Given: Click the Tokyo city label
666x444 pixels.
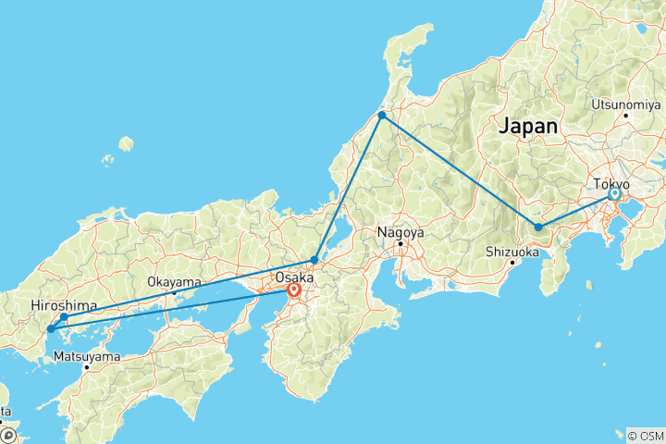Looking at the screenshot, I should (x=611, y=183).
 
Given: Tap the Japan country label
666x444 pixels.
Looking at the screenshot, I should (x=528, y=127).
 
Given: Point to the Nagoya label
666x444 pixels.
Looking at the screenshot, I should (x=401, y=233).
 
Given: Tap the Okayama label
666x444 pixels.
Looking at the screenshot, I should (x=175, y=281).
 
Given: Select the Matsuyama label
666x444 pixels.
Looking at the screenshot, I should (x=86, y=355).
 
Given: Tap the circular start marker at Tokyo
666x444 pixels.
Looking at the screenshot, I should (x=614, y=194).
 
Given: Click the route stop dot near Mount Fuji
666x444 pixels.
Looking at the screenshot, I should (x=538, y=227).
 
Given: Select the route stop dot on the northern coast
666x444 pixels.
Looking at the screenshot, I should (x=381, y=115).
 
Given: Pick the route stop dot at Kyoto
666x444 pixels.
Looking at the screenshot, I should (x=315, y=260).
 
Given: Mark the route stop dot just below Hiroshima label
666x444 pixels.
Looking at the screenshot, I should (x=64, y=317).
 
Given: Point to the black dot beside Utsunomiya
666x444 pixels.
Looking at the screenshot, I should (x=625, y=115).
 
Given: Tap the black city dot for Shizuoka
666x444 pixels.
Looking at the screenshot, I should (x=512, y=262).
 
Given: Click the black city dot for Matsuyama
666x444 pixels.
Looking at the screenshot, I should (x=86, y=366).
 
